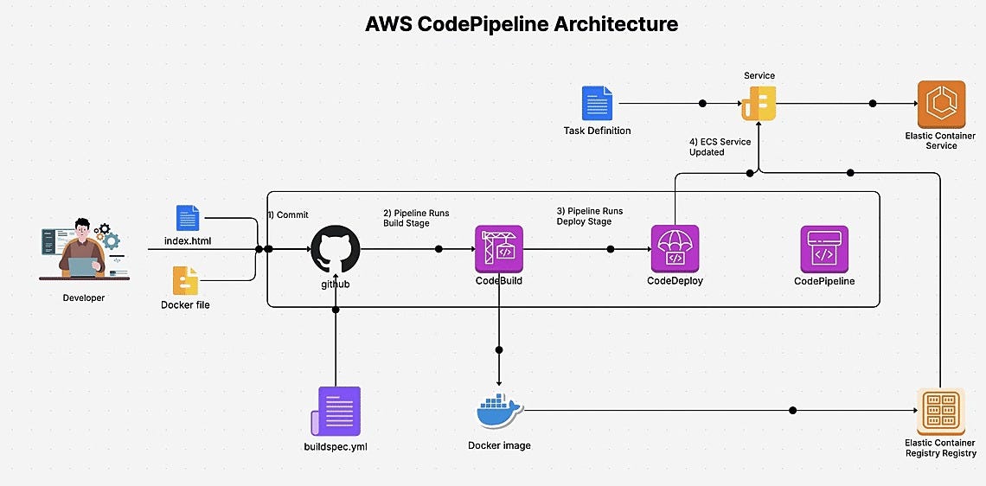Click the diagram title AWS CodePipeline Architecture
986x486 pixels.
coord(522,25)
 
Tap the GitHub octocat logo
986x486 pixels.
coord(335,249)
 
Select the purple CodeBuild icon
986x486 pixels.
coord(499,249)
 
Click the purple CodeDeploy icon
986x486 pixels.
coord(675,249)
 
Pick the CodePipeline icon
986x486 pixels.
coord(824,249)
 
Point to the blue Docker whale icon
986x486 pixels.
coord(499,410)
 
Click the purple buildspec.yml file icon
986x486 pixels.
coord(337,411)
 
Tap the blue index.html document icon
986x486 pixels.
coord(188,218)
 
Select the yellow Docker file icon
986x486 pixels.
coord(185,280)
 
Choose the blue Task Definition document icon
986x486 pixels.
coord(597,104)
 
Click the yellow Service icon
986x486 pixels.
coord(759,104)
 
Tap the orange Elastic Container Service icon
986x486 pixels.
coord(940,104)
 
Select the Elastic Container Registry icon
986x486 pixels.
coord(940,410)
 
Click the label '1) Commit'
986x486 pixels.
coord(288,214)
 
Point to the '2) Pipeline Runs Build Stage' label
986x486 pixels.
coord(416,217)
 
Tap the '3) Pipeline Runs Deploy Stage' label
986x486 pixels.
coord(589,216)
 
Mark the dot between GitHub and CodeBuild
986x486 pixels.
coord(439,249)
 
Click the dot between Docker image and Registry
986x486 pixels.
coord(793,410)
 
